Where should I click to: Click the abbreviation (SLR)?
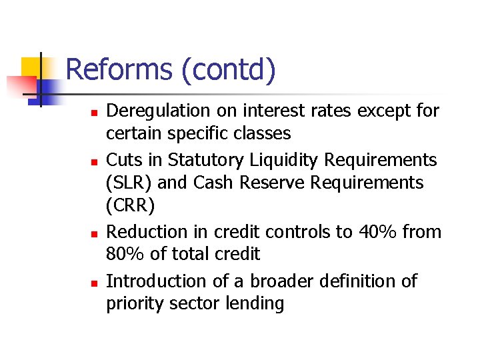pos(129,183)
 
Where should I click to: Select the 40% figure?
pos(369,232)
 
